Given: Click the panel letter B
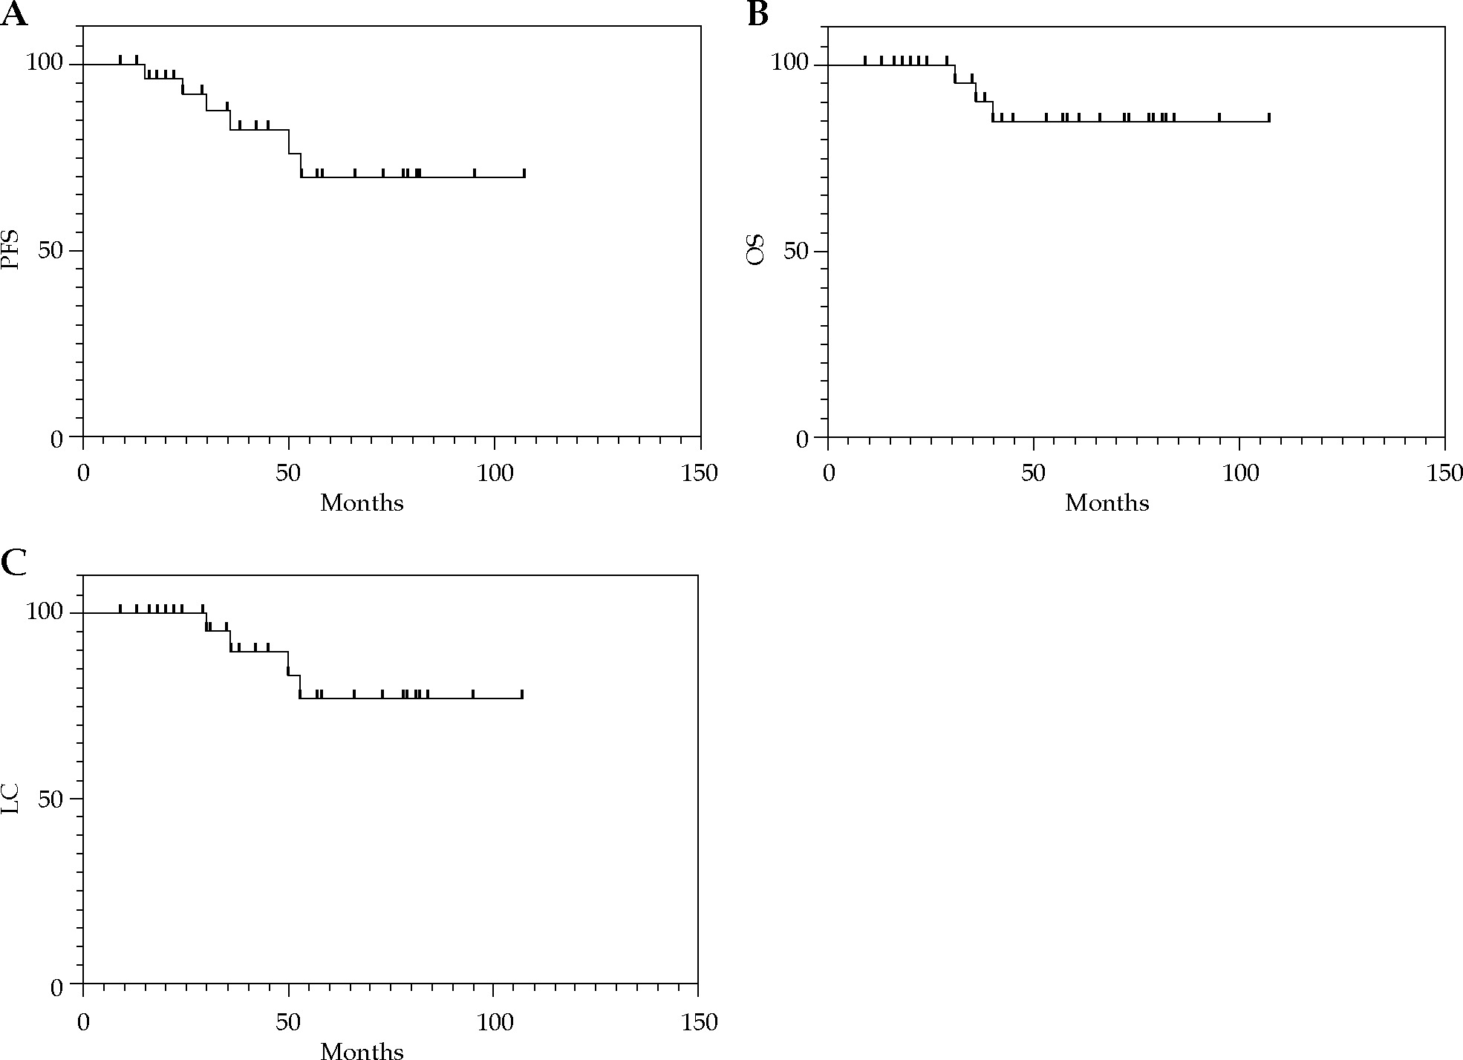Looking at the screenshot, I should pyautogui.click(x=757, y=14).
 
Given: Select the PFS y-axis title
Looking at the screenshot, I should pyautogui.click(x=11, y=251).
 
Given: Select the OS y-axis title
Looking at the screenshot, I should pyautogui.click(x=756, y=251).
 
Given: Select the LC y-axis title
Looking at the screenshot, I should pyautogui.click(x=11, y=799).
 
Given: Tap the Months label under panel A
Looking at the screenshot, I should pyautogui.click(x=362, y=503).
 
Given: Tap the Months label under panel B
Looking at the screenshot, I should pyautogui.click(x=1107, y=503).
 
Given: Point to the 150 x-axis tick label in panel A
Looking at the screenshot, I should pyautogui.click(x=700, y=474).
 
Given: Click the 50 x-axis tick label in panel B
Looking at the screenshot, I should pyautogui.click(x=1033, y=474).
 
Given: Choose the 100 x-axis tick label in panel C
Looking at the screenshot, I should pyautogui.click(x=494, y=1022).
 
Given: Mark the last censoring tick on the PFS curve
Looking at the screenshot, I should pyautogui.click(x=524, y=173).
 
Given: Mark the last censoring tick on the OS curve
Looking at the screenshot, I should pyautogui.click(x=1269, y=117).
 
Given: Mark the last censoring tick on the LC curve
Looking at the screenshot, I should pyautogui.click(x=522, y=694).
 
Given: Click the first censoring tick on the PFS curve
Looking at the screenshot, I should pyautogui.click(x=120, y=59).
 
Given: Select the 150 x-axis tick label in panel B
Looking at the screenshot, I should pyautogui.click(x=1444, y=474).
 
